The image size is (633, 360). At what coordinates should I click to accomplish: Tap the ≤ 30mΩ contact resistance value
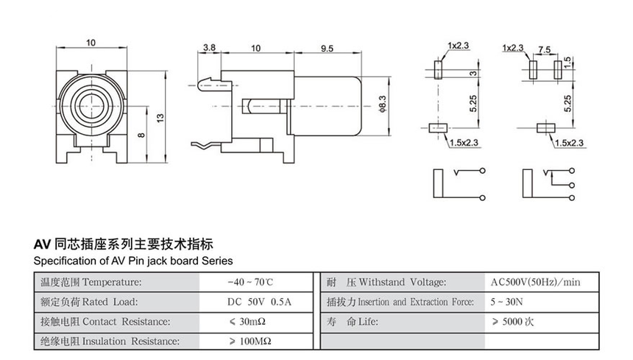click(x=250, y=322)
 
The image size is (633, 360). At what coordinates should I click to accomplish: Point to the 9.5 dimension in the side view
click(x=328, y=48)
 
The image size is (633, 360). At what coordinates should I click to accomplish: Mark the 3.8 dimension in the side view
click(x=209, y=48)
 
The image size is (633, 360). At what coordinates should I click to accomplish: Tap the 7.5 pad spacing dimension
click(x=545, y=49)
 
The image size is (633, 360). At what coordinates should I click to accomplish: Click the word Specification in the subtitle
click(x=61, y=261)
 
